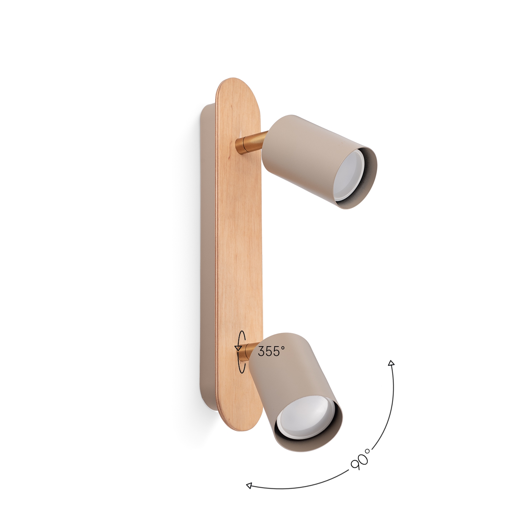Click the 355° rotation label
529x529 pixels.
tap(271, 351)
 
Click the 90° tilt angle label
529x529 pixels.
tap(361, 459)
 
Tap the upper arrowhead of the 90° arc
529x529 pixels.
tap(391, 363)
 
